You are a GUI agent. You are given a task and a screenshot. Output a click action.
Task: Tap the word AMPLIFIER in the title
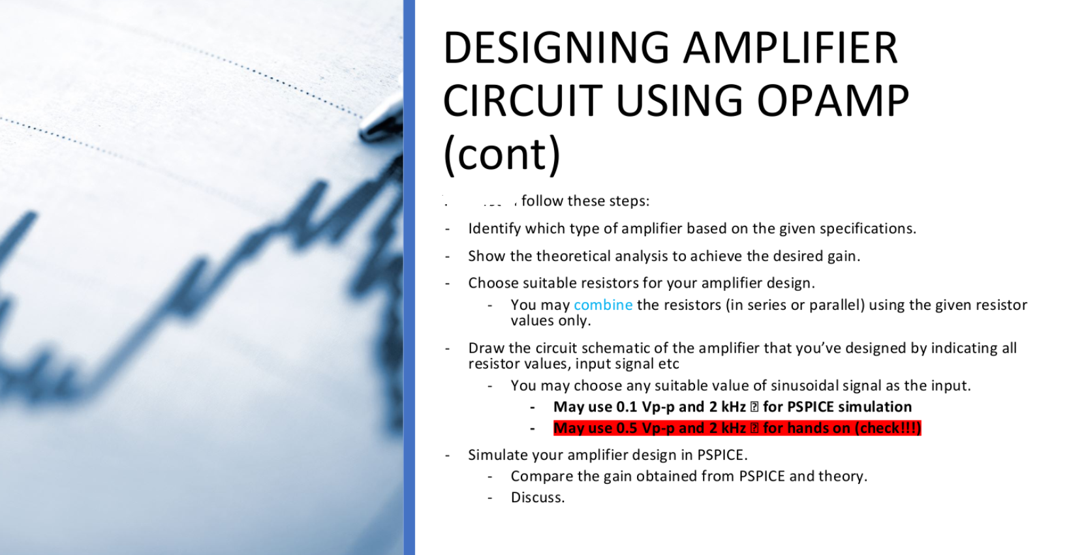790,48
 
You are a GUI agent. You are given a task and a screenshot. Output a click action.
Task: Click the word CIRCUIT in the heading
521,101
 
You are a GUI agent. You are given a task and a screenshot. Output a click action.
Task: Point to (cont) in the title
501,154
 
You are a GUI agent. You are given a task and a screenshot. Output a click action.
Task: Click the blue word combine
602,305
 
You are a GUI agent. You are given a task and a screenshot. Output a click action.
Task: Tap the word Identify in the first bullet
493,229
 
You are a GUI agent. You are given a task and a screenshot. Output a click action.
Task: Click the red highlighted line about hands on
736,428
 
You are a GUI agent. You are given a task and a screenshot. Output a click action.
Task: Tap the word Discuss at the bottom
536,498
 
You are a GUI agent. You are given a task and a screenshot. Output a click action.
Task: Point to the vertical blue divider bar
409,277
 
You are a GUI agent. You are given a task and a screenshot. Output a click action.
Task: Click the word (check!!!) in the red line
888,428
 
